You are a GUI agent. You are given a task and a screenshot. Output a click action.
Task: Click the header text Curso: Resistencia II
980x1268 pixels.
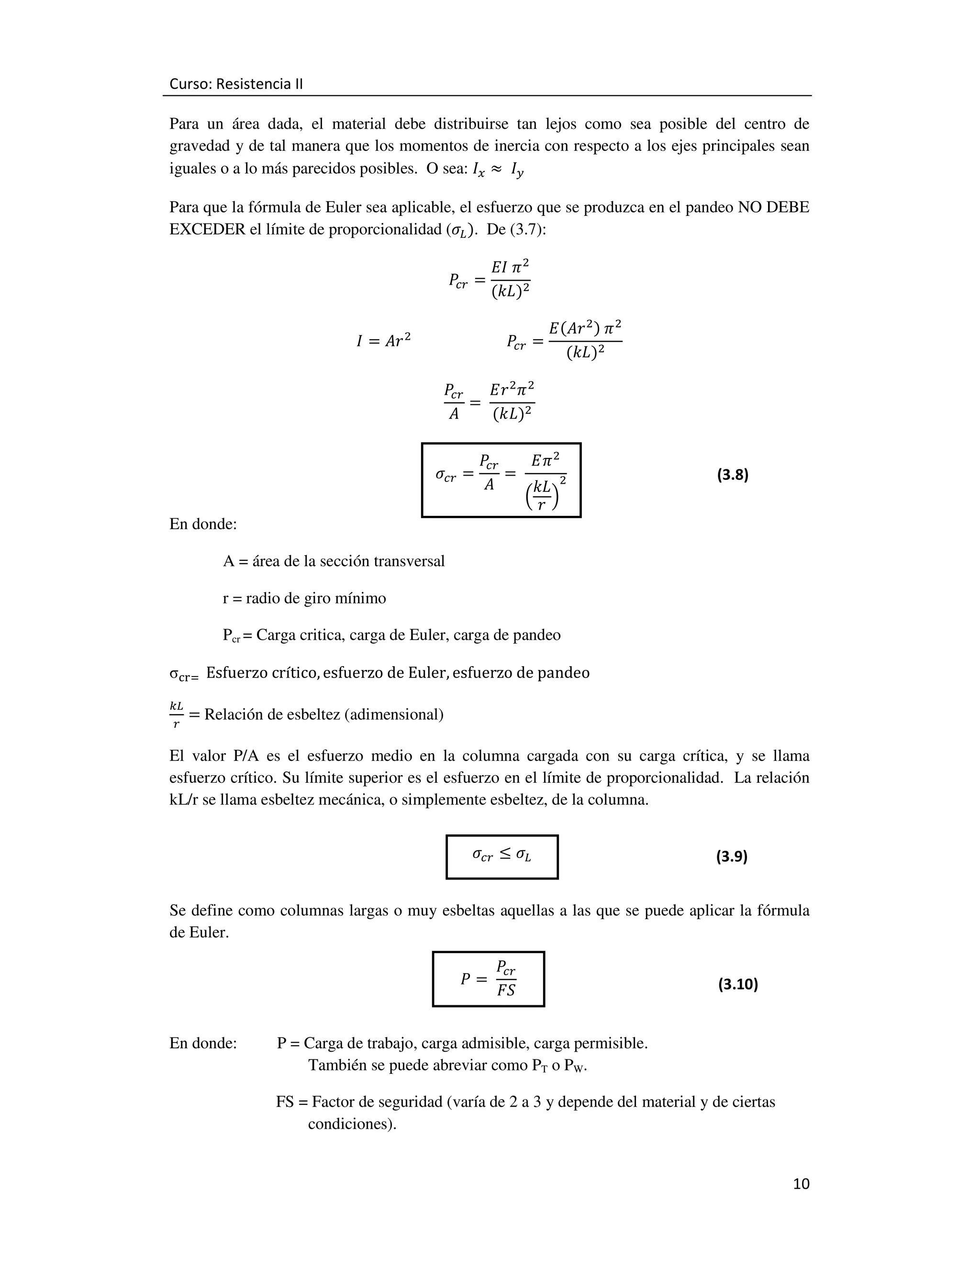pyautogui.click(x=236, y=84)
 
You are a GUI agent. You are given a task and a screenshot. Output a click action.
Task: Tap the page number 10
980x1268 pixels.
pyautogui.click(x=801, y=1184)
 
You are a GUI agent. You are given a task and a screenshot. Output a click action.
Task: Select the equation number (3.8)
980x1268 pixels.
pyautogui.click(x=732, y=475)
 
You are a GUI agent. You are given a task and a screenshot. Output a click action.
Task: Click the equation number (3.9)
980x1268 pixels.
pyautogui.click(x=731, y=856)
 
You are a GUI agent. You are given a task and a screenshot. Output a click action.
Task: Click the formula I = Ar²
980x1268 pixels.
pyautogui.click(x=383, y=341)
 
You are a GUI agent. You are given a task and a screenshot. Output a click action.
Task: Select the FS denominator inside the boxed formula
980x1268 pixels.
pyautogui.click(x=506, y=990)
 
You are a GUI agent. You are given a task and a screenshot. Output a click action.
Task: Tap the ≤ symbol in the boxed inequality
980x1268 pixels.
pyautogui.click(x=505, y=854)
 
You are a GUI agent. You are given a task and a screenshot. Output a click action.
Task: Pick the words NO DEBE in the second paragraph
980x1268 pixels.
pyautogui.click(x=773, y=207)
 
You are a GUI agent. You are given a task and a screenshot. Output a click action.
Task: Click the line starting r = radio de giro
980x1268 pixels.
pyautogui.click(x=304, y=598)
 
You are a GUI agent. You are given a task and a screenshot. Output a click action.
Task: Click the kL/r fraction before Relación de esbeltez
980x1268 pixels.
pyautogui.click(x=176, y=714)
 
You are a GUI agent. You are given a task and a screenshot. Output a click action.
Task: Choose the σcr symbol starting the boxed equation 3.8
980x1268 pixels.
pyautogui.click(x=445, y=476)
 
